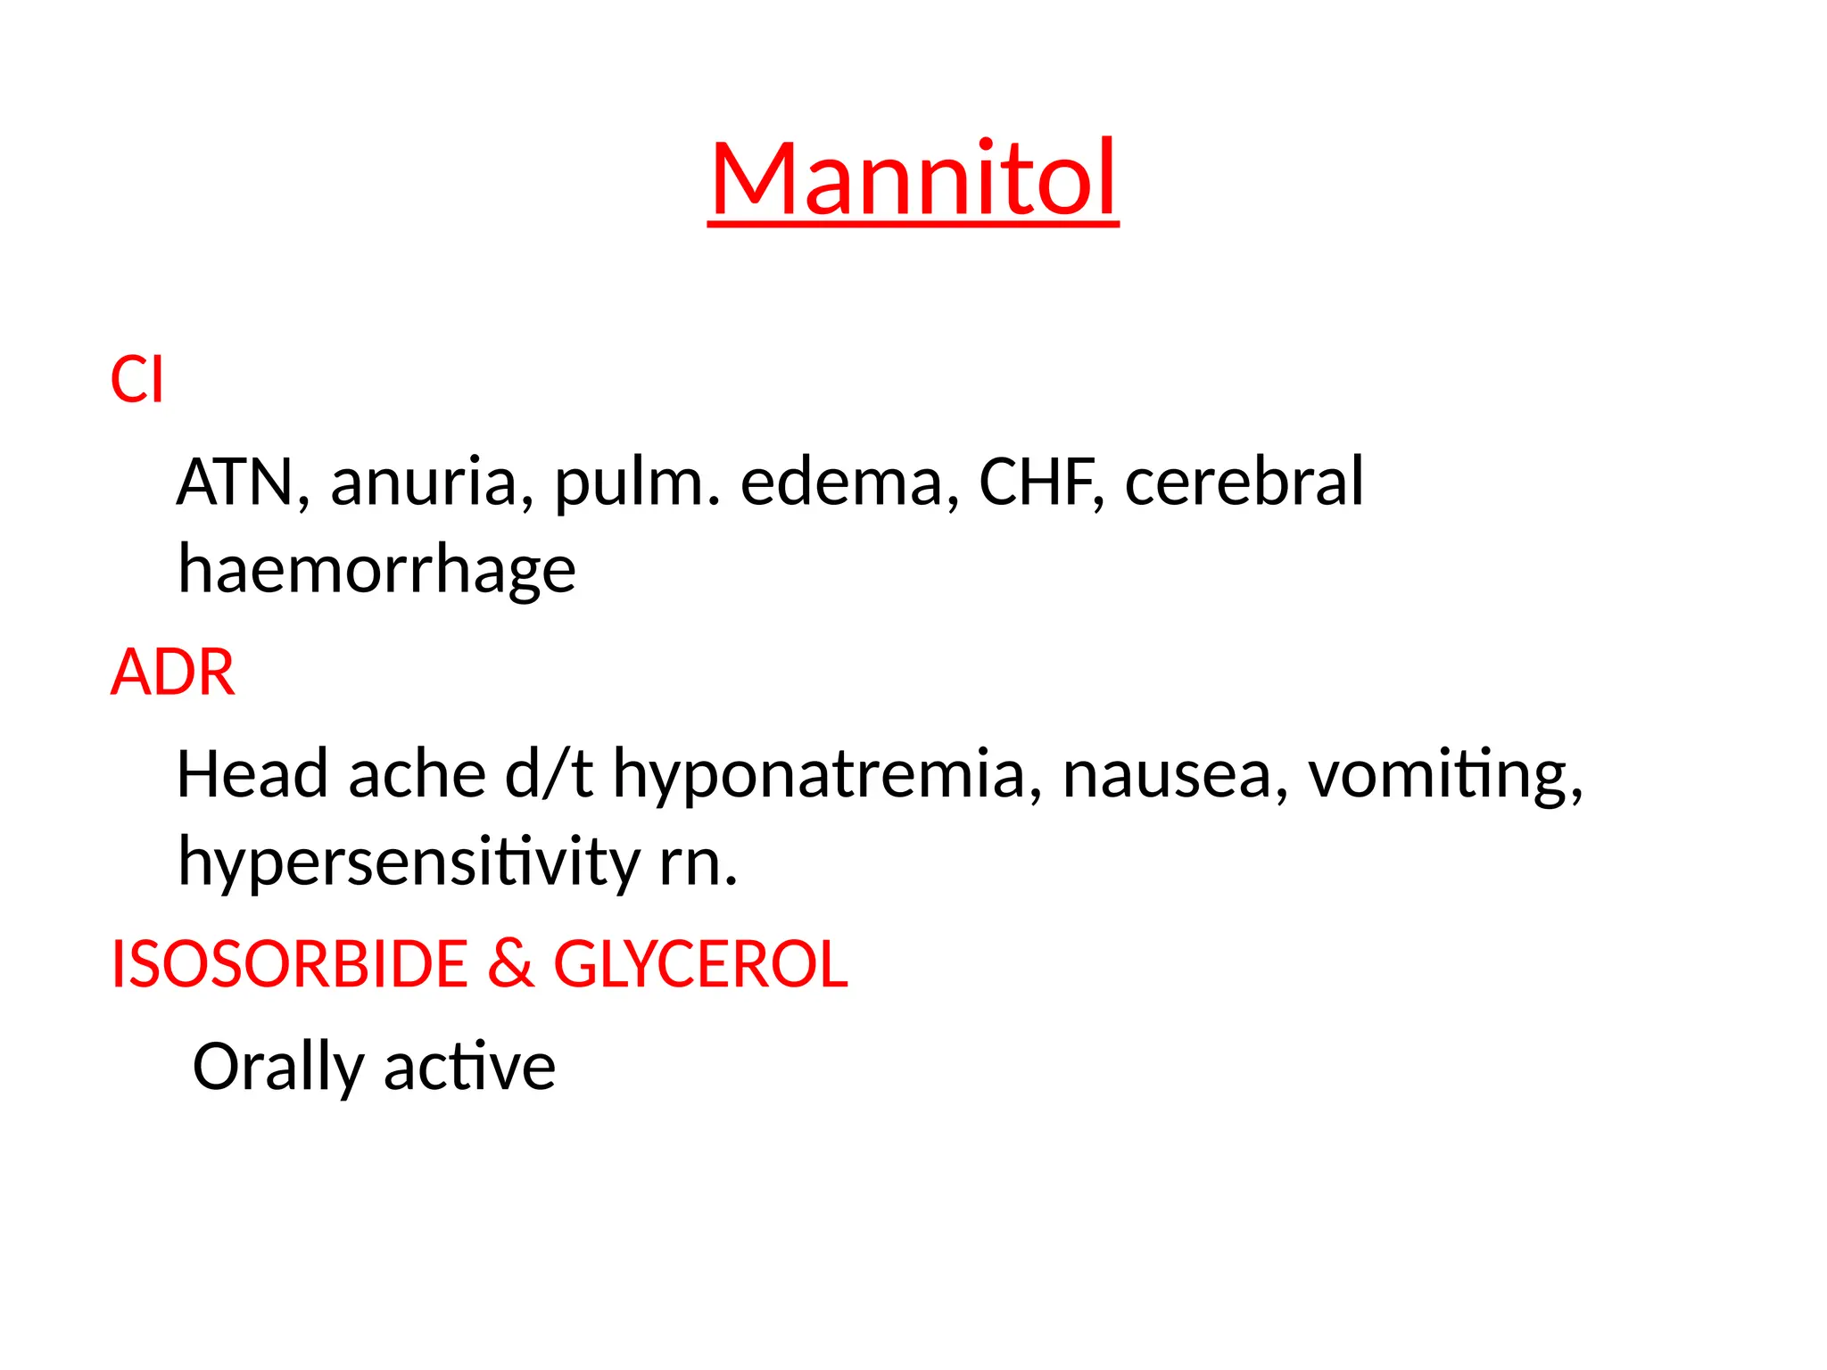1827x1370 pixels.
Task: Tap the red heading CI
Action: pyautogui.click(x=136, y=380)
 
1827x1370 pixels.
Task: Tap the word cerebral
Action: pyautogui.click(x=1244, y=482)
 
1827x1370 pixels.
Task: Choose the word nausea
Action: pyautogui.click(x=1175, y=774)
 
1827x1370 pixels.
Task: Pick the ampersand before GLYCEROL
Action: pyautogui.click(x=511, y=964)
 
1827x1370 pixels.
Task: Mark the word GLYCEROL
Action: pyautogui.click(x=701, y=964)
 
